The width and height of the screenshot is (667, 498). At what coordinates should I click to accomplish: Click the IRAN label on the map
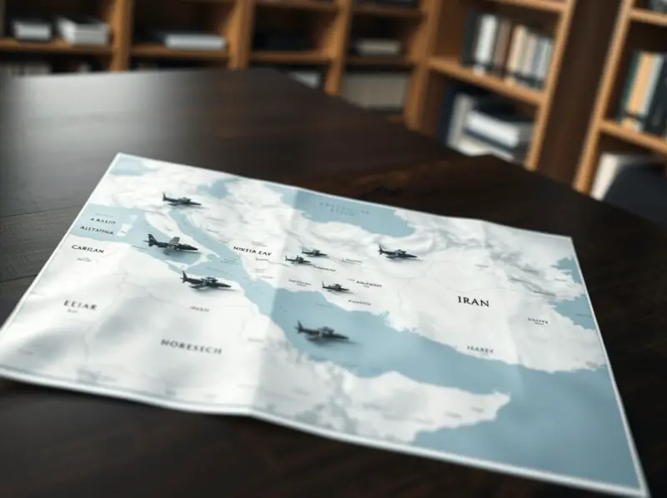tap(473, 301)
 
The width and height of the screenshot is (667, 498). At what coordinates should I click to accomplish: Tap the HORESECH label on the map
tap(191, 346)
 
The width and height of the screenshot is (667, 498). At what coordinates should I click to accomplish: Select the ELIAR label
tap(80, 306)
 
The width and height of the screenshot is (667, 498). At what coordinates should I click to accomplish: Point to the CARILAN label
tap(88, 248)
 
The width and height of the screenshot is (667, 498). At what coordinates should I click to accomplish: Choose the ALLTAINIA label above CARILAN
tap(98, 229)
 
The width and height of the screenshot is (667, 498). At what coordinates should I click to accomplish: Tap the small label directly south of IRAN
tap(479, 351)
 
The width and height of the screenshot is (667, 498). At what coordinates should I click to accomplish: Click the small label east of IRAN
tap(537, 320)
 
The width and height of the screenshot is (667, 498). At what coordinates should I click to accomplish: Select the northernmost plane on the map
tap(180, 201)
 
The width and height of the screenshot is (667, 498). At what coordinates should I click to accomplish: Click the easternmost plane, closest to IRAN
tap(396, 251)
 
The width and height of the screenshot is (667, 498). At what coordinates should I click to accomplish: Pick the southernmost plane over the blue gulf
tap(321, 332)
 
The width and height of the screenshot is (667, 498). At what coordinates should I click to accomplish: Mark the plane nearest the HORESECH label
tap(204, 281)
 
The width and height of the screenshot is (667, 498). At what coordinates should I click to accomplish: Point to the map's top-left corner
tap(122, 156)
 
